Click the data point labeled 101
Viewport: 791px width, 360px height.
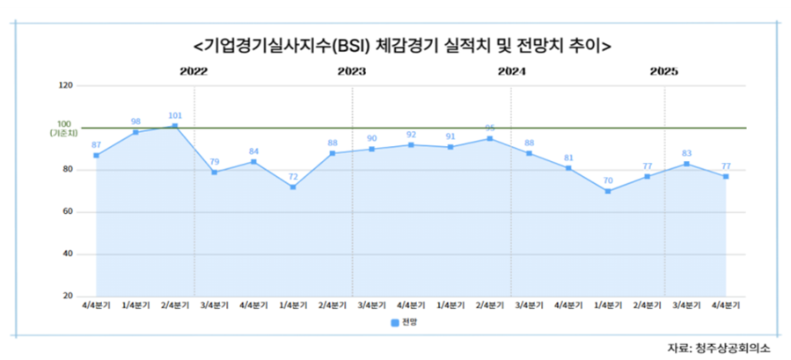(x=175, y=126)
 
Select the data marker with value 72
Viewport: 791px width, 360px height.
(x=293, y=187)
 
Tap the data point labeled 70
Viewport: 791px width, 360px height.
(x=607, y=191)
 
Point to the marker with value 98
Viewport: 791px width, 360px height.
(x=135, y=132)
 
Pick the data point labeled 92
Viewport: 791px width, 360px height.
(x=411, y=144)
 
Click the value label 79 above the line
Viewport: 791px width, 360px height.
(x=214, y=161)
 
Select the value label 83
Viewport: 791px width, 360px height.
(x=686, y=153)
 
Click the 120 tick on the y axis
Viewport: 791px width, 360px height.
(x=65, y=85)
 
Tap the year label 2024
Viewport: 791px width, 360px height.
(x=511, y=71)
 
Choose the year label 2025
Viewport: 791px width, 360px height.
(x=663, y=71)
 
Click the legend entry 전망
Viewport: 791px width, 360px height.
(x=405, y=323)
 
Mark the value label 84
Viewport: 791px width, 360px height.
(x=253, y=151)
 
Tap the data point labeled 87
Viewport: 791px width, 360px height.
(x=96, y=155)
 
